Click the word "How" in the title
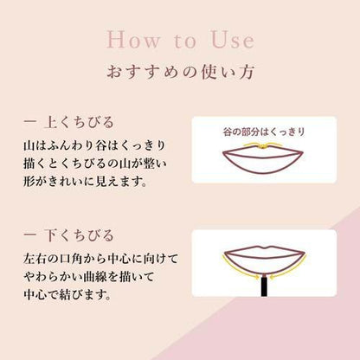coord(133,40)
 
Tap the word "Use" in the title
coord(233,40)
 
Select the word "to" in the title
coord(185,41)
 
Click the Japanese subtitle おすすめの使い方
coord(180,72)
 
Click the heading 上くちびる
coord(80,122)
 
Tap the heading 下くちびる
coord(80,235)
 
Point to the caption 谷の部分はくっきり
coord(264,132)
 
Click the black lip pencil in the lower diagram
coord(264,286)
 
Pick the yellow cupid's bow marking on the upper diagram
coord(264,145)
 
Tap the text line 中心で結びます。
coord(67,295)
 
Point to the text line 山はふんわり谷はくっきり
coord(94,145)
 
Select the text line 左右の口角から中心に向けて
coord(101,259)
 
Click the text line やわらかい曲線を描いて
coord(89,277)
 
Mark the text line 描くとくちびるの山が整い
coord(95,164)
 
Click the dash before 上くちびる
coord(30,121)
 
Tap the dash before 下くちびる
coord(30,235)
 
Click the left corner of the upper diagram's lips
coord(222,152)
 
